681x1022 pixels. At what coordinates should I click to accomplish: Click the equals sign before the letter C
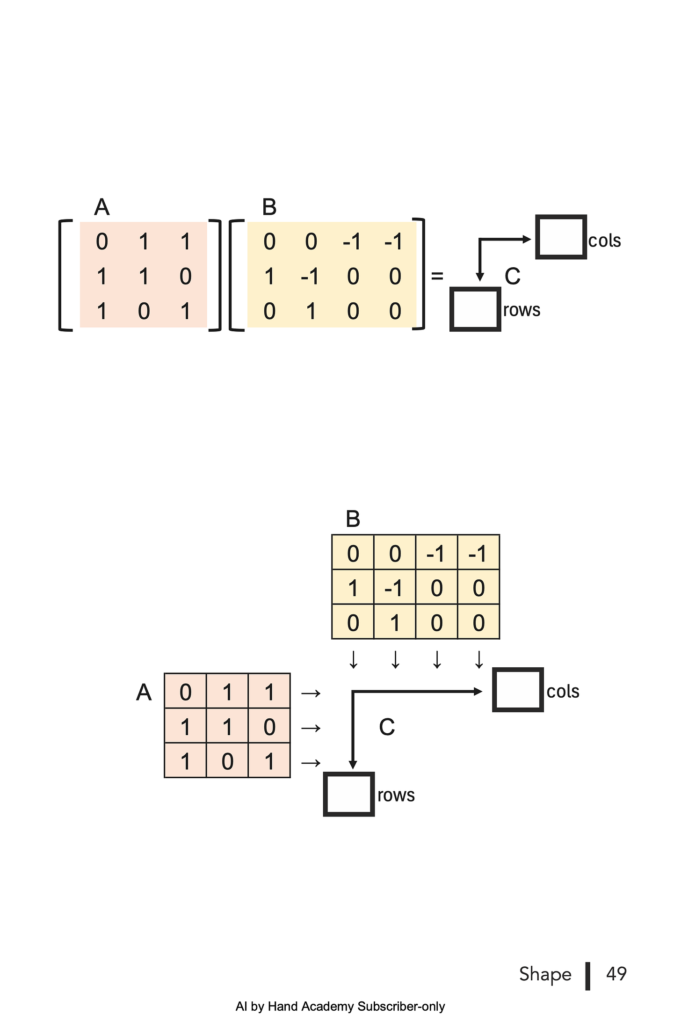pos(437,276)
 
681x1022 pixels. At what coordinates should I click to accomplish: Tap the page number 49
pos(616,974)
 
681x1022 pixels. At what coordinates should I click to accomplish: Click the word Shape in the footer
pos(545,974)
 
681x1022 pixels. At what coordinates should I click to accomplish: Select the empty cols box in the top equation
pos(561,237)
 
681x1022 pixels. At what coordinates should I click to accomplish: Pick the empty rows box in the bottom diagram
pos(348,794)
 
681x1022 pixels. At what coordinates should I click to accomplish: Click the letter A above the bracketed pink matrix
pos(101,207)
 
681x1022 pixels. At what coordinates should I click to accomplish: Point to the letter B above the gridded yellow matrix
pos(353,519)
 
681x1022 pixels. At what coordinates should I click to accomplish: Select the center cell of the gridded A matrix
pos(227,727)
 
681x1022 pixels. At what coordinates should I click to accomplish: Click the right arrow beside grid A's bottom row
pos(311,763)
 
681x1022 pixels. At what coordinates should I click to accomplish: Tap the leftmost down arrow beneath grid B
pos(354,660)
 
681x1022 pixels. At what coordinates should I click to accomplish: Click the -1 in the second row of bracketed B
pos(310,277)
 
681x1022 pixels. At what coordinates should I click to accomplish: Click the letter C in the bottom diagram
pos(387,727)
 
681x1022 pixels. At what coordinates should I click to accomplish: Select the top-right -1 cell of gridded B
pos(478,554)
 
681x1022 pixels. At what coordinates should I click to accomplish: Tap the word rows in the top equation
pos(522,310)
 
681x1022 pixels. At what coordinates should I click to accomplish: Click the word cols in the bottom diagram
pos(563,691)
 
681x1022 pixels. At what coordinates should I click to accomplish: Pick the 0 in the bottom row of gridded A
pos(227,761)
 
